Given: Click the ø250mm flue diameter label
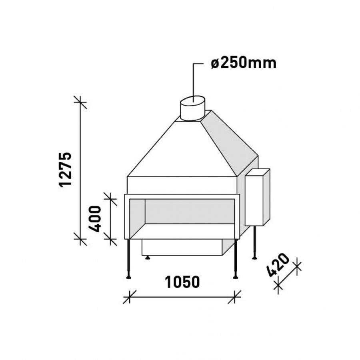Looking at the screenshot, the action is click(x=244, y=63).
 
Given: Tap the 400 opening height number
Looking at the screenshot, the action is click(x=95, y=219).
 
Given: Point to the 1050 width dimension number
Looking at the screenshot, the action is click(x=182, y=282).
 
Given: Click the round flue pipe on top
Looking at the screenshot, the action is click(x=193, y=108).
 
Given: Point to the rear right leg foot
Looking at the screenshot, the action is click(x=254, y=258).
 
